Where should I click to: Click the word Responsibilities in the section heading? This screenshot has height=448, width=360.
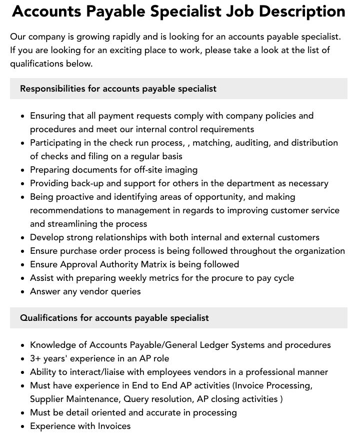[52, 89]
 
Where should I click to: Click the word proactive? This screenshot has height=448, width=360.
[79, 197]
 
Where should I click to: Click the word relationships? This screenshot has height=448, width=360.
[121, 237]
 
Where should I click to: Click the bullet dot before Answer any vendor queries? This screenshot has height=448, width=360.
[23, 292]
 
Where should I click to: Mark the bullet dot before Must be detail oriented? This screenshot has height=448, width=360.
[23, 413]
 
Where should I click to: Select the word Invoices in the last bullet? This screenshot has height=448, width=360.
[113, 426]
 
